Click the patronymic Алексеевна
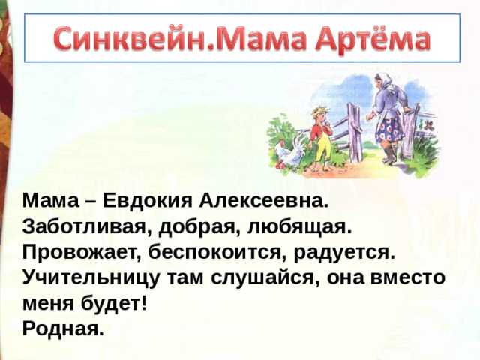tap(263, 201)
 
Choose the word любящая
tap(299, 228)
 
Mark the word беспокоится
tap(217, 253)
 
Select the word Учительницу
tap(91, 278)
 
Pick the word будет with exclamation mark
tap(114, 303)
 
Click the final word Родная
tap(63, 329)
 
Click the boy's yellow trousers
tap(325, 149)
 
